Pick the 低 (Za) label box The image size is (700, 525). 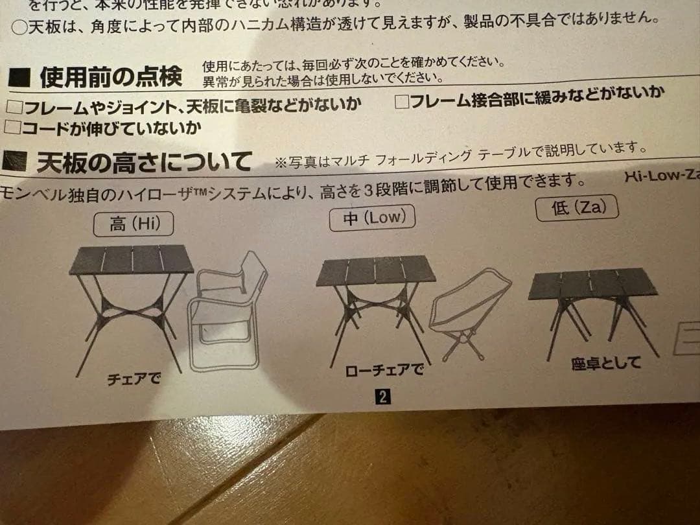point(577,207)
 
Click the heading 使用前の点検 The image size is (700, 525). point(111,78)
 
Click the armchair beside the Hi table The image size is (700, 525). point(227,311)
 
